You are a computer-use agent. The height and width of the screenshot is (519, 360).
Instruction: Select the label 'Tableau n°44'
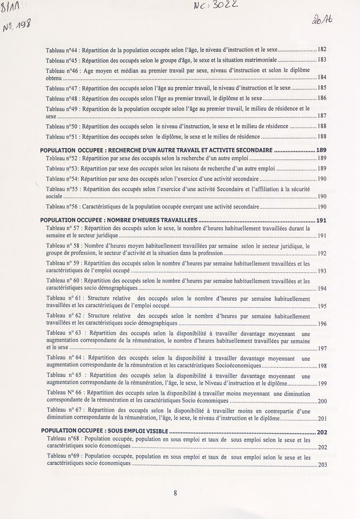point(62,50)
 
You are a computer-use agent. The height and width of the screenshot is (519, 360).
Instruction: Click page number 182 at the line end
point(321,50)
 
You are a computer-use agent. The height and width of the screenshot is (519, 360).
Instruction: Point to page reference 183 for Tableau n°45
point(321,60)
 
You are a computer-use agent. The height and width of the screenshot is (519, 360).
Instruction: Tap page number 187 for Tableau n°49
point(321,116)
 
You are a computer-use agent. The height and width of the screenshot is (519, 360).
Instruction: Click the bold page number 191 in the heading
point(321,220)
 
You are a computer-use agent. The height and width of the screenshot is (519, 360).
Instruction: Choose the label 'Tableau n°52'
point(62,159)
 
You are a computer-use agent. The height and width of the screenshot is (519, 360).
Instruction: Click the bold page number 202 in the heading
point(322,432)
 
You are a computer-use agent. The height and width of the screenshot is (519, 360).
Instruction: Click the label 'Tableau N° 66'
point(64,393)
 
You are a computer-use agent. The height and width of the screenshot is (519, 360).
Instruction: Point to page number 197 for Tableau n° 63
point(322,349)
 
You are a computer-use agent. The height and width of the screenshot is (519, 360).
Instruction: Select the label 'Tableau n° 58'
point(63,246)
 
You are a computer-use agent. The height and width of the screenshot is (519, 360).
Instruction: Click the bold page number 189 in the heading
point(321,151)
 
